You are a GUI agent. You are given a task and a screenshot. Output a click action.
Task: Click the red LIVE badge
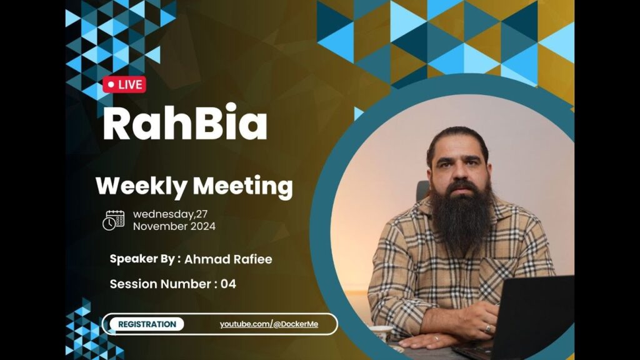coord(124,84)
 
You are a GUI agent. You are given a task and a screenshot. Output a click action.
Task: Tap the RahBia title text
coord(185,122)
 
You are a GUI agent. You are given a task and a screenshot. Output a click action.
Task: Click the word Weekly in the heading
coord(141,186)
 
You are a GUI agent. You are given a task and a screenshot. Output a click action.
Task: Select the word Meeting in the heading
coord(243,186)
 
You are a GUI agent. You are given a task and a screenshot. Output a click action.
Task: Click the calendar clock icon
coord(114,221)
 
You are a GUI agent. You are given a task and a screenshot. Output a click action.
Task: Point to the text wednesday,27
coord(170,214)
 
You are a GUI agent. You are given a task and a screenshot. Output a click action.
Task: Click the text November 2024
coord(174,226)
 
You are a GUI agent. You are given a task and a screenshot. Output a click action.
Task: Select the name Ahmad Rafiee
coord(228,259)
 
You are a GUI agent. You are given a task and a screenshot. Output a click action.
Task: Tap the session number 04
coord(228,284)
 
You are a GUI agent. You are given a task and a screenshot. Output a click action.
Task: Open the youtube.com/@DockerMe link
coord(269,324)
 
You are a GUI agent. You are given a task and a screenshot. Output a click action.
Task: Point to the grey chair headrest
coord(422,191)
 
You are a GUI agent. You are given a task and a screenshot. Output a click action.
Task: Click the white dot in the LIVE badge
coord(111,85)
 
